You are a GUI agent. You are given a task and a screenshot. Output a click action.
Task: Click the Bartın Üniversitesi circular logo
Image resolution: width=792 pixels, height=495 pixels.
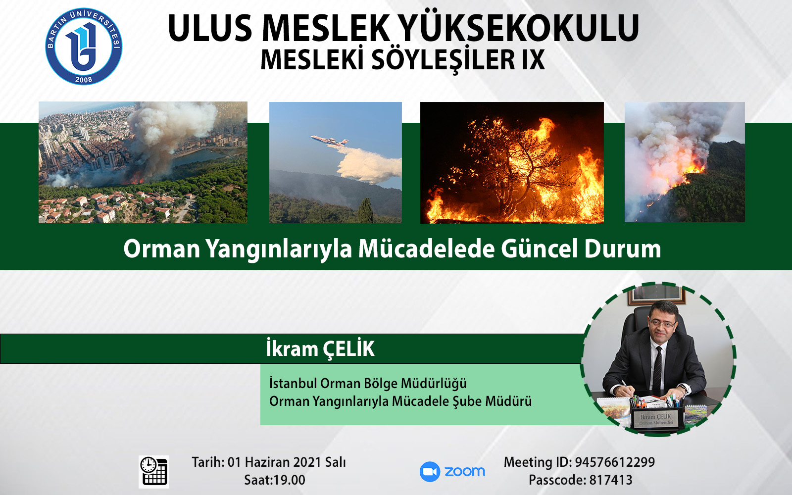(x=84, y=47)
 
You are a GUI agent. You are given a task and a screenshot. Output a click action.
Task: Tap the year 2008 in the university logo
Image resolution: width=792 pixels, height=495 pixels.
(x=84, y=80)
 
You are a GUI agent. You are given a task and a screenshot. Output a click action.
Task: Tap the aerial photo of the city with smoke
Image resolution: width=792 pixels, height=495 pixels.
(x=143, y=162)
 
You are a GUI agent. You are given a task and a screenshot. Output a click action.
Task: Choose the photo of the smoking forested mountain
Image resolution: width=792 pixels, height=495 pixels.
(x=685, y=162)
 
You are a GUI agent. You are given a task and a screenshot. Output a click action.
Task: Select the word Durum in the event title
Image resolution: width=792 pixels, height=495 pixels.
(x=623, y=249)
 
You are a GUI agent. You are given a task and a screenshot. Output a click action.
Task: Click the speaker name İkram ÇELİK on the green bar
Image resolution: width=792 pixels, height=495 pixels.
(x=320, y=349)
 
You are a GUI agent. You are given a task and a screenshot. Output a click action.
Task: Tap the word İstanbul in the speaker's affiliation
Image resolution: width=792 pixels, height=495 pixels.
(x=293, y=383)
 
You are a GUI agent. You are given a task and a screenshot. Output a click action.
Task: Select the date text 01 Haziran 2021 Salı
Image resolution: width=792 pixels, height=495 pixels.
(x=287, y=462)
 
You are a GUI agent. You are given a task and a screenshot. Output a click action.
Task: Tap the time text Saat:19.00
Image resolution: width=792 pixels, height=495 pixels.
(x=275, y=480)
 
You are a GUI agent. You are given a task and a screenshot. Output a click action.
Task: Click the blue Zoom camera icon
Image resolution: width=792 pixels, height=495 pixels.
(x=430, y=472)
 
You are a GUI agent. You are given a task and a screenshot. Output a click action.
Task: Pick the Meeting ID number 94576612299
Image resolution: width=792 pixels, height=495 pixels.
(x=615, y=462)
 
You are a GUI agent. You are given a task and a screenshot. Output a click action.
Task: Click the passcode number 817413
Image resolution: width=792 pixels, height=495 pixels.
(x=611, y=480)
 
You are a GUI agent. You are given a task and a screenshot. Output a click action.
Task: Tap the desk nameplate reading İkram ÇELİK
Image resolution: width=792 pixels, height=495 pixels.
(x=656, y=419)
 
